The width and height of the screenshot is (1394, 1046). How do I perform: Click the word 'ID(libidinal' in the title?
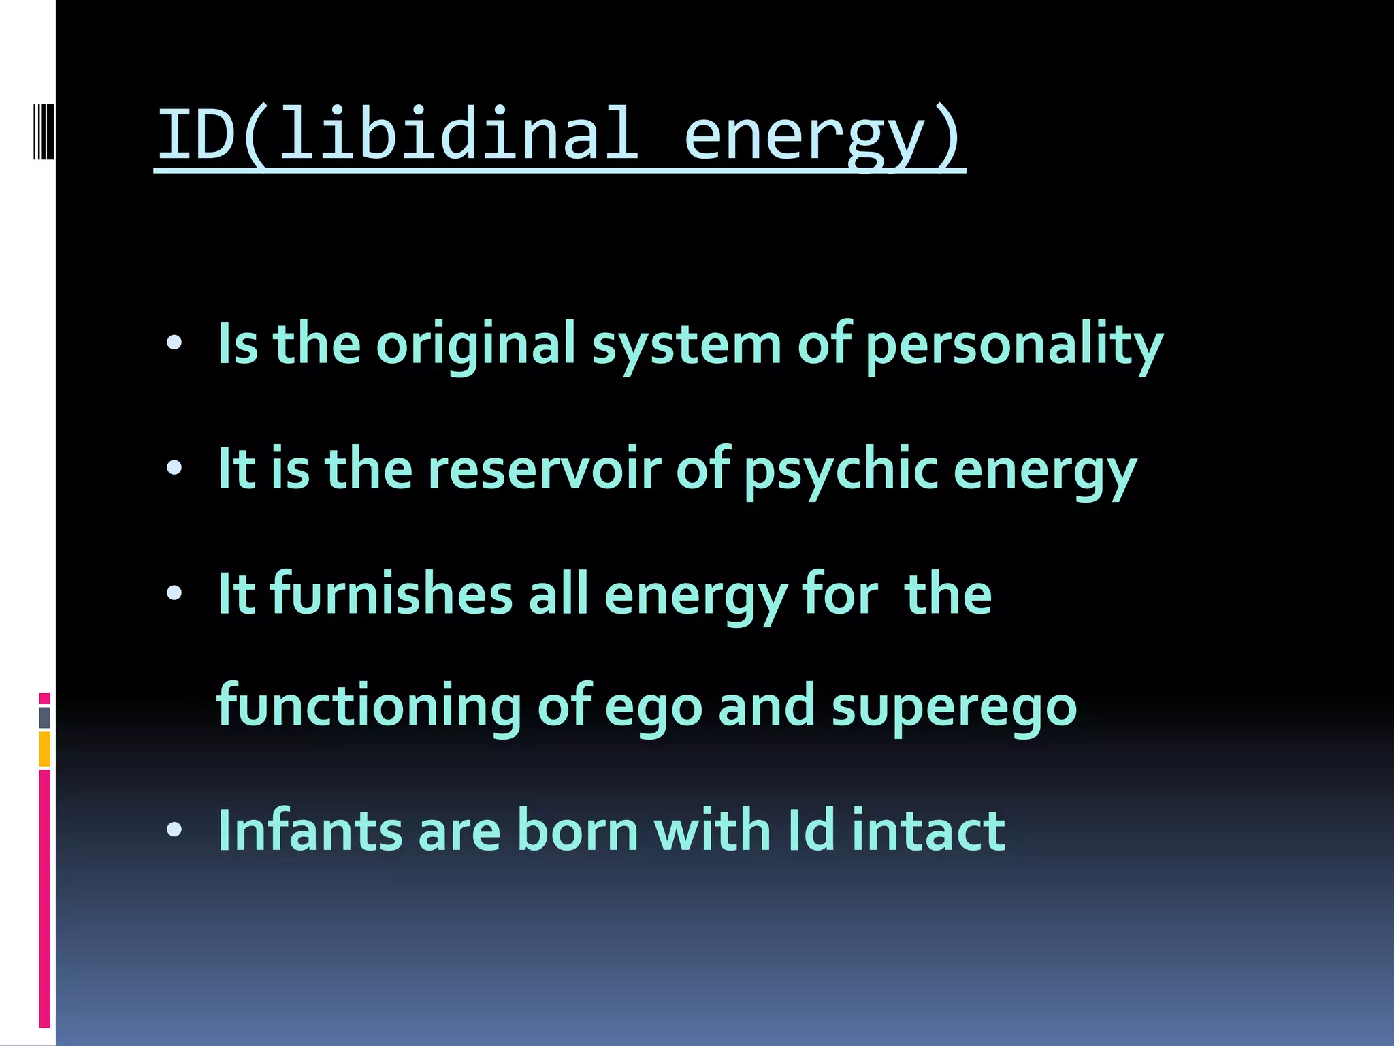398,134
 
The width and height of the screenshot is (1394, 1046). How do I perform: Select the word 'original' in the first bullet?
476,344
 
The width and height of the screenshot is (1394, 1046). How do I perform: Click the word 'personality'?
1014,345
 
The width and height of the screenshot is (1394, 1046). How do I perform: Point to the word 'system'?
686,345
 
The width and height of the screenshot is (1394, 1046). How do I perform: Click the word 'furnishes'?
391,594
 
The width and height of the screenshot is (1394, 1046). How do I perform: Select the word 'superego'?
954,708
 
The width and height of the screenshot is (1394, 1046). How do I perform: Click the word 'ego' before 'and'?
653,709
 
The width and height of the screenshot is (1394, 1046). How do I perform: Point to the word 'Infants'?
310,830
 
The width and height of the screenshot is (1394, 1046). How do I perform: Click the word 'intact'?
928,830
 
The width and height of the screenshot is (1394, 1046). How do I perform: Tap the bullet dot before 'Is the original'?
174,343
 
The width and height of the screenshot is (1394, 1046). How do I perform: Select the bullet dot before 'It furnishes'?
174,593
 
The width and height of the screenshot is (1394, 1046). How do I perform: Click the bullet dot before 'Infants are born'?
174,829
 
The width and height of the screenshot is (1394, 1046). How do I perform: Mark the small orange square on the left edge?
45,749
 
